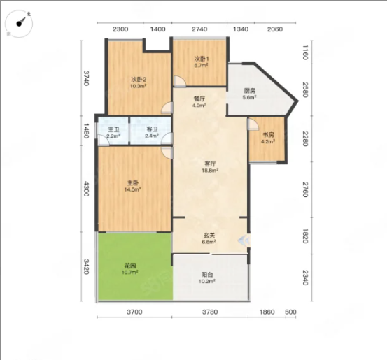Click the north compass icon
(19, 24)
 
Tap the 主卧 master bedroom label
(133, 183)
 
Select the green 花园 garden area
(135, 266)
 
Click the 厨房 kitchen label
(249, 91)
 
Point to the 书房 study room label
(268, 135)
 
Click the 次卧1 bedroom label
(202, 59)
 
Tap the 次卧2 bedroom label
(139, 80)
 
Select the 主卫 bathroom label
(113, 129)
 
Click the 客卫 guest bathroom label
(152, 129)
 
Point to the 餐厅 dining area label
(199, 99)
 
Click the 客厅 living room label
(210, 164)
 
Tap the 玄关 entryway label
(209, 236)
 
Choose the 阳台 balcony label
(207, 275)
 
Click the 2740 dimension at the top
(199, 29)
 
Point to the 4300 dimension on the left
(86, 189)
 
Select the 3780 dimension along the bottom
(210, 312)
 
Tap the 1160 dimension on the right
(305, 52)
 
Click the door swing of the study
(253, 124)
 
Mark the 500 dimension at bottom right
(290, 312)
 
